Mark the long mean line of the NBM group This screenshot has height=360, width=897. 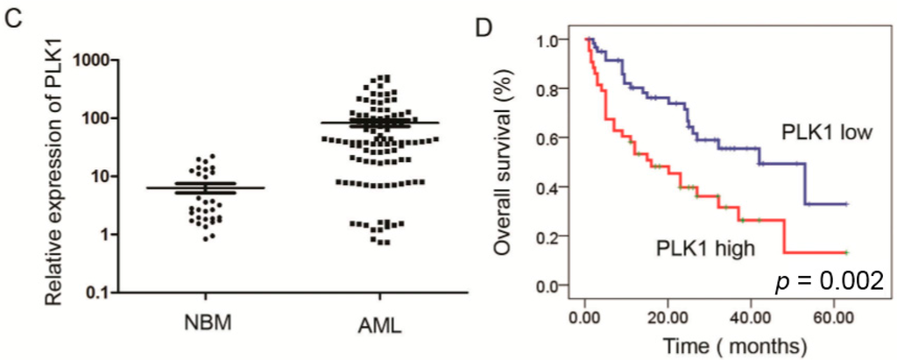pyautogui.click(x=205, y=187)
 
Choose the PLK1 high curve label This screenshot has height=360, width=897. pyautogui.click(x=703, y=249)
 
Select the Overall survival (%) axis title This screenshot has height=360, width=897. pyautogui.click(x=502, y=164)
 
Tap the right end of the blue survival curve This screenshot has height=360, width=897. pyautogui.click(x=847, y=203)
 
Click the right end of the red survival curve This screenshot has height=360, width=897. pyautogui.click(x=847, y=252)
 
